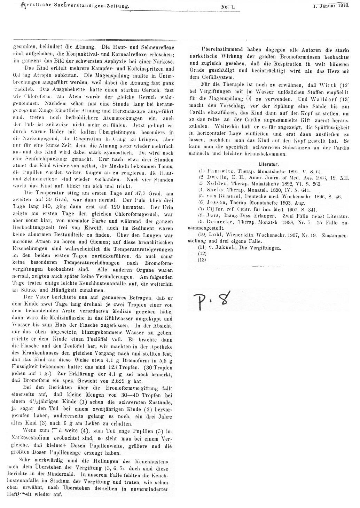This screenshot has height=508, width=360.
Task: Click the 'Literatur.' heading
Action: (268, 164)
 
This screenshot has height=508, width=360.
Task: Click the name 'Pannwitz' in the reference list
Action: (218, 171)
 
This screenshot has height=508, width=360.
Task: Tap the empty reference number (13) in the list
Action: (202, 260)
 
